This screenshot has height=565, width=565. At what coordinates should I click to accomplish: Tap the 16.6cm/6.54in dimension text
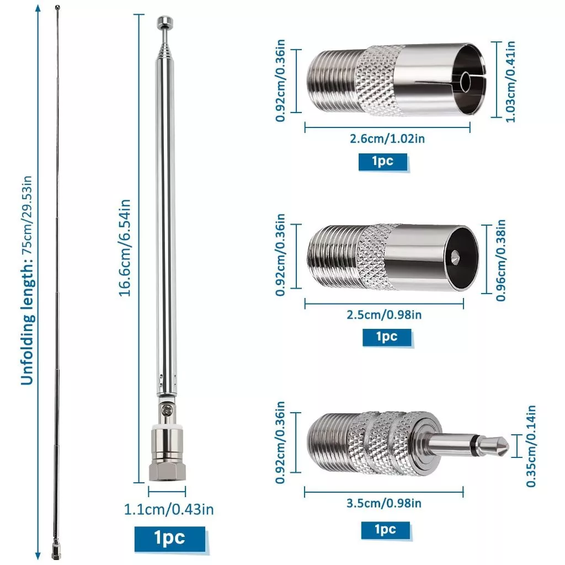(125, 248)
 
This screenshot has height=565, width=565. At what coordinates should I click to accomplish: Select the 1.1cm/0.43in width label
(169, 509)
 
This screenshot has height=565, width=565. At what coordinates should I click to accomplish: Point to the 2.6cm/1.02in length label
(387, 138)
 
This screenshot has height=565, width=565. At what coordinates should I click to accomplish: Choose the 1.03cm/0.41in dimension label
(510, 82)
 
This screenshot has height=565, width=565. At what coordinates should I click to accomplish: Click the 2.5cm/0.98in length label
(384, 315)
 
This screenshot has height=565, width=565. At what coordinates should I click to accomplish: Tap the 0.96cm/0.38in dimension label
(500, 260)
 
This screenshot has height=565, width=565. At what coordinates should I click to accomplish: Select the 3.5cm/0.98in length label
(384, 503)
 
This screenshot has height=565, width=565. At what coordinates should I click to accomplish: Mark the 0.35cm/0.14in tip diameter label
(531, 446)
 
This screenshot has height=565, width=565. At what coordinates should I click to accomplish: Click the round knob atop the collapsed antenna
(165, 22)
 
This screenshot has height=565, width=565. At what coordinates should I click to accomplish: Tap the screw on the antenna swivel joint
(167, 409)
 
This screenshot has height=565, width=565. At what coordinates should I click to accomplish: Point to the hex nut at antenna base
(167, 472)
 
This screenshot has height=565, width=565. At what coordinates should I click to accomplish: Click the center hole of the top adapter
(466, 82)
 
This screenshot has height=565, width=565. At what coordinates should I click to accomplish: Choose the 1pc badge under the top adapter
(383, 162)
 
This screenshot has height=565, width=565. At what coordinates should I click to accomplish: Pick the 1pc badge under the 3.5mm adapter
(386, 530)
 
